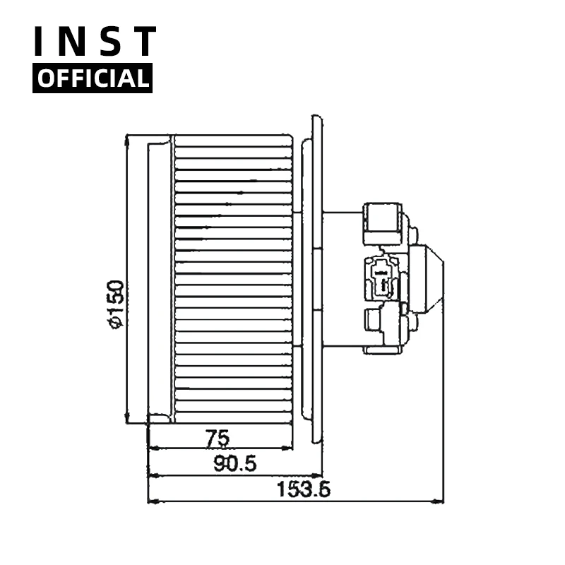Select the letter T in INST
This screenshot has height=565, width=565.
[144, 41]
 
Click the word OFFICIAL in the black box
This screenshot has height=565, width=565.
[93, 78]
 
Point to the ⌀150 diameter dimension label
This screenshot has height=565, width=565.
[117, 304]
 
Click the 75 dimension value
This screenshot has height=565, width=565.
[218, 439]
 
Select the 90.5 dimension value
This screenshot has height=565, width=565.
[235, 463]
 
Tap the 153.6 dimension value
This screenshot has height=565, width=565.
[303, 489]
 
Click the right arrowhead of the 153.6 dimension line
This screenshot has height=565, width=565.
[438, 501]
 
